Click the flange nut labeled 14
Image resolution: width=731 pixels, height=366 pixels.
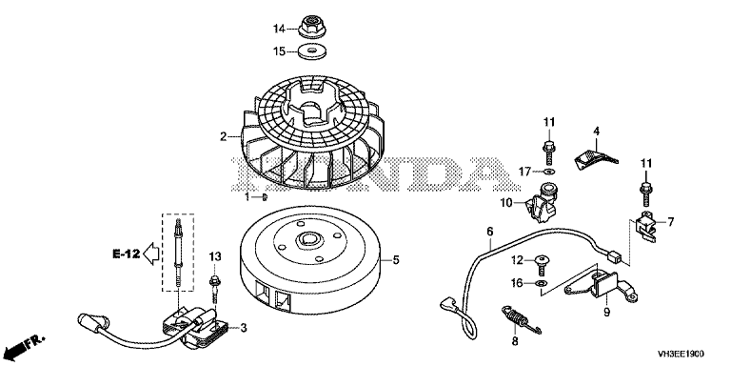click(312, 27)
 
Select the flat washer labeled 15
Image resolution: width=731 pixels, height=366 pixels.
click(312, 51)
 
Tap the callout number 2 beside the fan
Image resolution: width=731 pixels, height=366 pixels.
click(224, 137)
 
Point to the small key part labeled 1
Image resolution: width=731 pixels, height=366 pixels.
click(265, 197)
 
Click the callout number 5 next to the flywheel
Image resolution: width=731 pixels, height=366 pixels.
click(396, 259)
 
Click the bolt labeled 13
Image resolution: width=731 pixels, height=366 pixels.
click(215, 286)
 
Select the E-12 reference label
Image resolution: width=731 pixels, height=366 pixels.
click(127, 254)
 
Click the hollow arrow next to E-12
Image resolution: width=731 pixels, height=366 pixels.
click(150, 254)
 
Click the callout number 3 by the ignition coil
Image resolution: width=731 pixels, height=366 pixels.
click(244, 328)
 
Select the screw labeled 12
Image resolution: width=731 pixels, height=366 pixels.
click(543, 264)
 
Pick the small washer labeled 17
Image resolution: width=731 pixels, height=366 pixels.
click(550, 173)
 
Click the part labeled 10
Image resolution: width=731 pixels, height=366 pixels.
click(541, 206)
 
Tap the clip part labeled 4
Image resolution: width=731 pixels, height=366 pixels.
click(594, 158)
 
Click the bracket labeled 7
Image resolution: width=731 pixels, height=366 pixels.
click(647, 227)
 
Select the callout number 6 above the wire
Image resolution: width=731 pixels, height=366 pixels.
click(489, 232)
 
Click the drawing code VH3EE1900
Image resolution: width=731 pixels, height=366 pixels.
click(682, 354)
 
